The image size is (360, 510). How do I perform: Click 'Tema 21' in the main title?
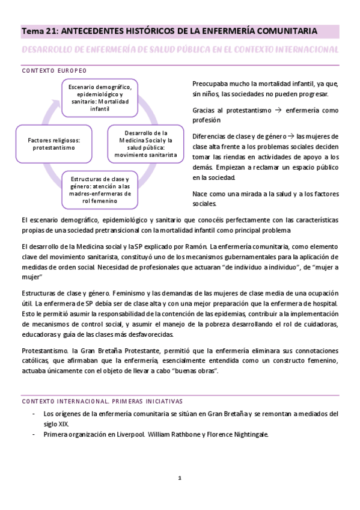click(40, 30)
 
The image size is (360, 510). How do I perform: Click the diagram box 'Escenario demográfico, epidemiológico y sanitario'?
click(100, 97)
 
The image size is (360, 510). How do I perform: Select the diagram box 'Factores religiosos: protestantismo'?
click(54, 143)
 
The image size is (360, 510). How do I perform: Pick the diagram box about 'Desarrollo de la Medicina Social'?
click(146, 144)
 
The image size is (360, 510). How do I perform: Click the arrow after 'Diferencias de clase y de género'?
click(291, 136)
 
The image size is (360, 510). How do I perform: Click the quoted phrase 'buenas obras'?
click(195, 370)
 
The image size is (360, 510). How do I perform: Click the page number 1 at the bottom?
click(179, 479)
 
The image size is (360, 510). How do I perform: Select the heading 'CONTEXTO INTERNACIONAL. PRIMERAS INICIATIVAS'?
click(102, 401)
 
